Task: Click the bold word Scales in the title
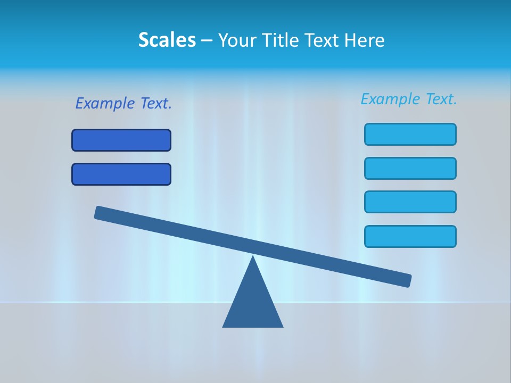pos(167,40)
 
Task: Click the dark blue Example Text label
pos(123,104)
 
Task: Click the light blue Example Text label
pos(409,99)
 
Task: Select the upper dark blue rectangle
pos(121,140)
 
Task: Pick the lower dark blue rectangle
pos(121,174)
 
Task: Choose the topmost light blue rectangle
pos(410,135)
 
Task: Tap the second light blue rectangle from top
pos(410,169)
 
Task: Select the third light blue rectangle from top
pos(410,202)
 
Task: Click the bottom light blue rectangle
pos(410,237)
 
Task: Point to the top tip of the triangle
pos(253,257)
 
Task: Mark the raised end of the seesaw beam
pos(100,213)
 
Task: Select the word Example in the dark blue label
pos(105,104)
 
